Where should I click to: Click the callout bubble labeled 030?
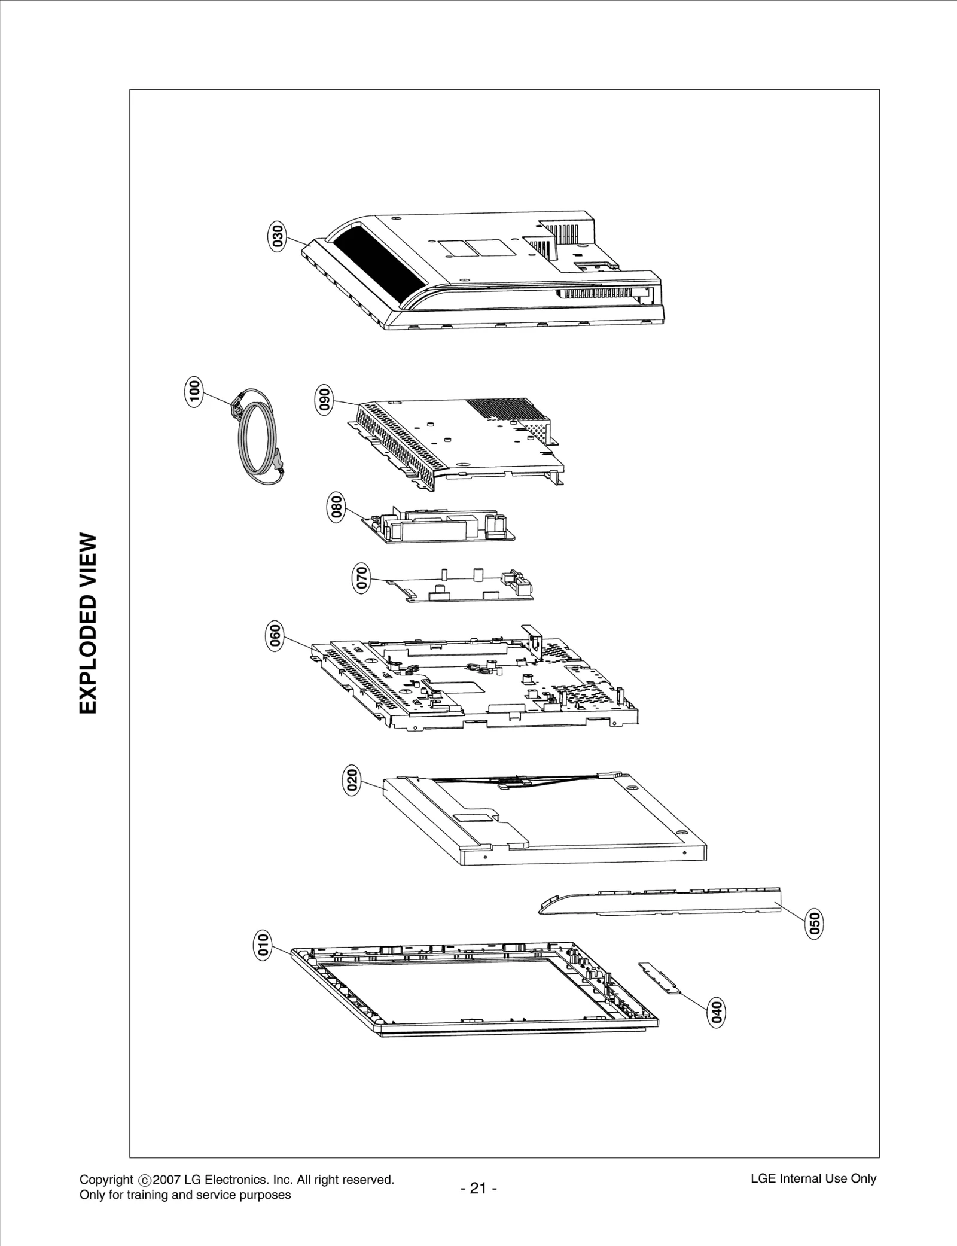277,237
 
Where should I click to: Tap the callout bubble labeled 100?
194,392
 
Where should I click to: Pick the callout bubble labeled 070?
361,579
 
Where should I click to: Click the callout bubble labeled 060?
275,635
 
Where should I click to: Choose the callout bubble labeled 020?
352,781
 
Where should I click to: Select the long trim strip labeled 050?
658,901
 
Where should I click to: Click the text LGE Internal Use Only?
813,1178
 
